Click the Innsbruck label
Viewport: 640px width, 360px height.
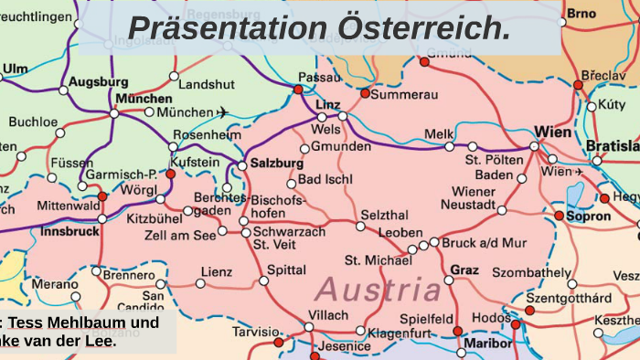[70, 231]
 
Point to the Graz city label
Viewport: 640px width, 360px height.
[464, 270]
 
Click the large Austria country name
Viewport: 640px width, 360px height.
[379, 291]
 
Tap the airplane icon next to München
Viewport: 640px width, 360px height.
[221, 112]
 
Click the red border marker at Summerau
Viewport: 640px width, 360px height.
[365, 94]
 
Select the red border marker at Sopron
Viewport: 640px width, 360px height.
[559, 216]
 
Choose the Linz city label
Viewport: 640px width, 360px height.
[327, 105]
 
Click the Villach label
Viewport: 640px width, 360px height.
[328, 315]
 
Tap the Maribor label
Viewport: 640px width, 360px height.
[488, 344]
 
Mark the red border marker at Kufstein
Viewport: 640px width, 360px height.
[170, 173]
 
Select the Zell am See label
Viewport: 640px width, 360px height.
[180, 236]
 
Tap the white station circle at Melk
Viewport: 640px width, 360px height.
[449, 146]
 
